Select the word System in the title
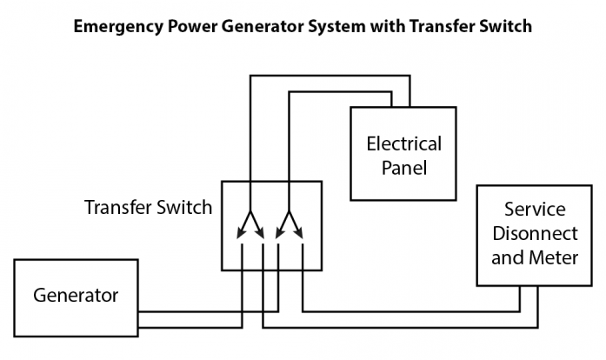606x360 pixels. pyautogui.click(x=329, y=26)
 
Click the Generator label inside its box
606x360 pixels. pyautogui.click(x=76, y=296)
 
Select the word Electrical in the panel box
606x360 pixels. pyautogui.click(x=403, y=143)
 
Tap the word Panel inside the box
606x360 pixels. pyautogui.click(x=404, y=167)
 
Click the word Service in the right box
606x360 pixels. pyautogui.click(x=535, y=210)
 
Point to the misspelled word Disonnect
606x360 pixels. pyautogui.click(x=535, y=234)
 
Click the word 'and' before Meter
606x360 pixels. pyautogui.click(x=508, y=257)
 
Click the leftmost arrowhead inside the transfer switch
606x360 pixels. pyautogui.click(x=241, y=234)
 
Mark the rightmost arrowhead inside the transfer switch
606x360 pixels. pyautogui.click(x=300, y=234)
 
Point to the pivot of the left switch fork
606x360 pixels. pyautogui.click(x=250, y=213)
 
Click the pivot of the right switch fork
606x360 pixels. pyautogui.click(x=290, y=213)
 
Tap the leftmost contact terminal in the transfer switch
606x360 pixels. pyautogui.click(x=242, y=248)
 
